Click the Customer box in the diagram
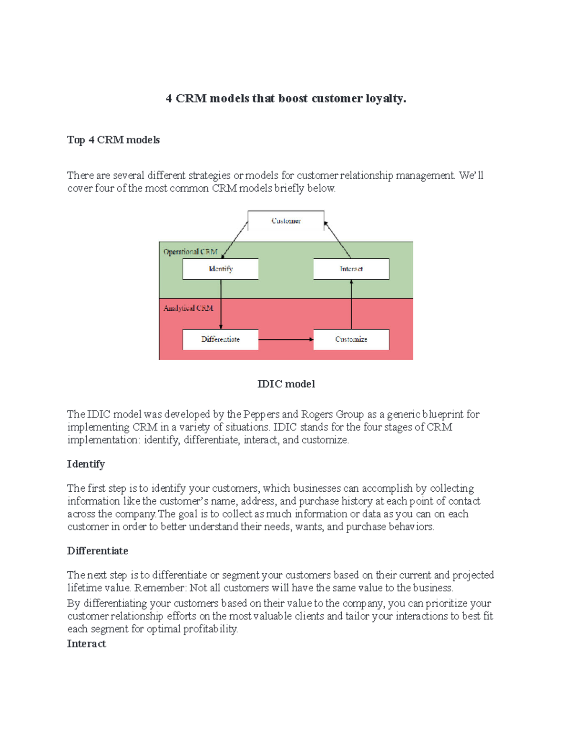286,221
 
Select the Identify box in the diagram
221,269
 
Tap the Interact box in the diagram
351,269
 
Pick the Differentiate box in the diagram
221,339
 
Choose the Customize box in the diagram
351,339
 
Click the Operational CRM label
190,252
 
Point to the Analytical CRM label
188,308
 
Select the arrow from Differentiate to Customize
286,339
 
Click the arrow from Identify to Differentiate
221,304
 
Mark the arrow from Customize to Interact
351,304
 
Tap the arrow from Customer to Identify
235,240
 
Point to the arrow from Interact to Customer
337,240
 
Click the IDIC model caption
286,384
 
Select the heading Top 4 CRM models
113,140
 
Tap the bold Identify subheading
86,464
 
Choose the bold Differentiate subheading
98,551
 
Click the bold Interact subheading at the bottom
86,644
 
